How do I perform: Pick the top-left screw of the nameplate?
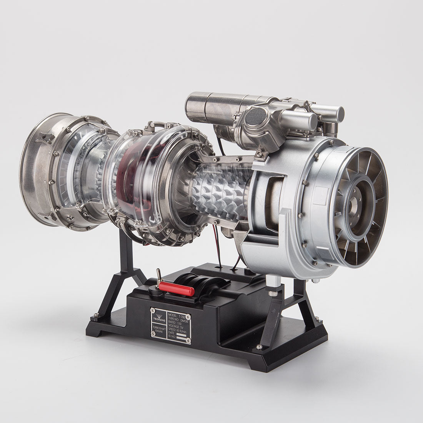[x=153, y=310]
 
